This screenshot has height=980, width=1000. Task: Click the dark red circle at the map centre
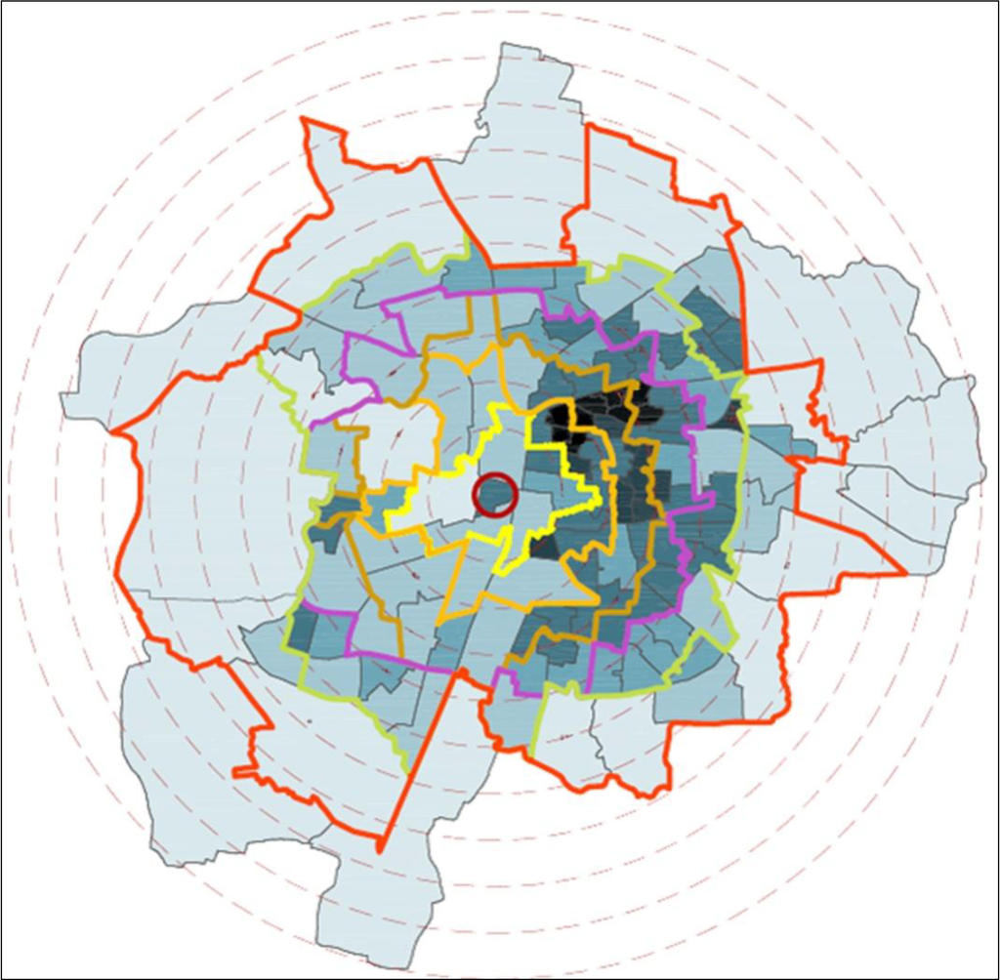click(x=495, y=494)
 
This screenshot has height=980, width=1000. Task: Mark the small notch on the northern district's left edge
click(x=479, y=122)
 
